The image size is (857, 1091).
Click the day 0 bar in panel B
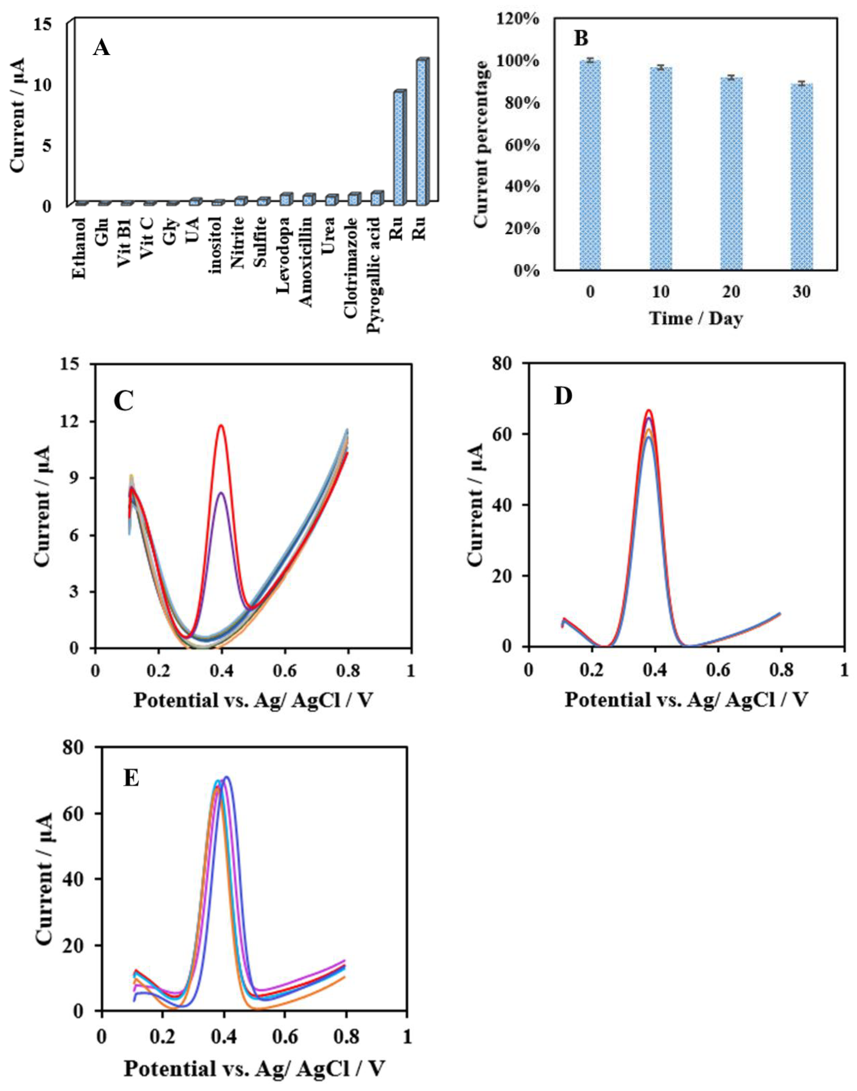point(590,166)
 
